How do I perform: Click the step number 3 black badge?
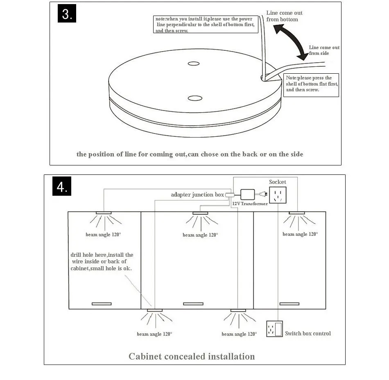click(67, 14)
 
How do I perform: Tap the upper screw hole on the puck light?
click(193, 63)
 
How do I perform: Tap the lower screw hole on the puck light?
click(193, 98)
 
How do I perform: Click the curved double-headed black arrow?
click(291, 41)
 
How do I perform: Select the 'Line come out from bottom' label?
click(284, 16)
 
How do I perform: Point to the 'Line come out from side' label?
click(324, 50)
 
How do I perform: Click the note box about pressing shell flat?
click(311, 85)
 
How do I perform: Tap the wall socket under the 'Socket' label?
click(278, 195)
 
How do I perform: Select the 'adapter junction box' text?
click(197, 195)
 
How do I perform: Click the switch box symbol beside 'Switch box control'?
click(274, 329)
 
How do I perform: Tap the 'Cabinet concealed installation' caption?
click(192, 356)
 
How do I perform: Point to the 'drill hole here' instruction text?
click(102, 261)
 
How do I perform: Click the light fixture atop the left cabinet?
click(104, 213)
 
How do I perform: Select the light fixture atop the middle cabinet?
click(201, 213)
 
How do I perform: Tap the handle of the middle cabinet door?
click(193, 304)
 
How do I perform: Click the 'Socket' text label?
click(278, 182)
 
